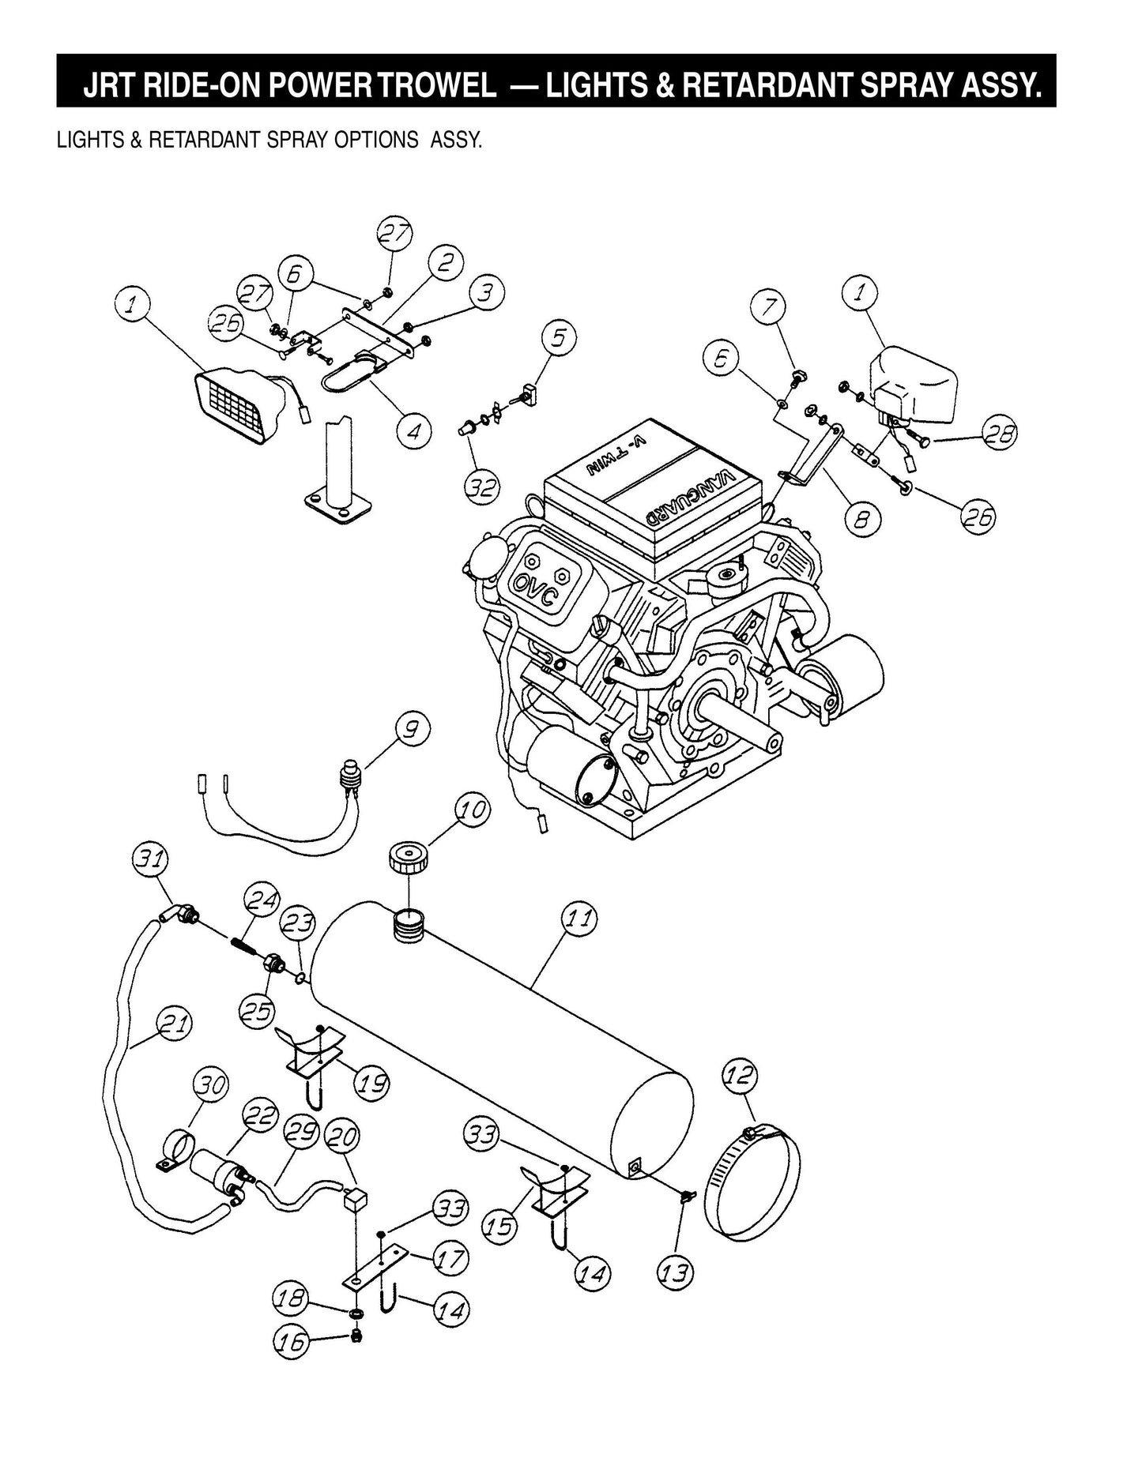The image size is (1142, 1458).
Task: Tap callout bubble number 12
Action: click(740, 1076)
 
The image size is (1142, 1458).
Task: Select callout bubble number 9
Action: click(413, 727)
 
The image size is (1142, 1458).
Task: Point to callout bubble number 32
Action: click(481, 486)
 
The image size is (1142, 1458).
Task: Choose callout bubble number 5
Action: click(559, 336)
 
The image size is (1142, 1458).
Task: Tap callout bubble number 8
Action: click(861, 518)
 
